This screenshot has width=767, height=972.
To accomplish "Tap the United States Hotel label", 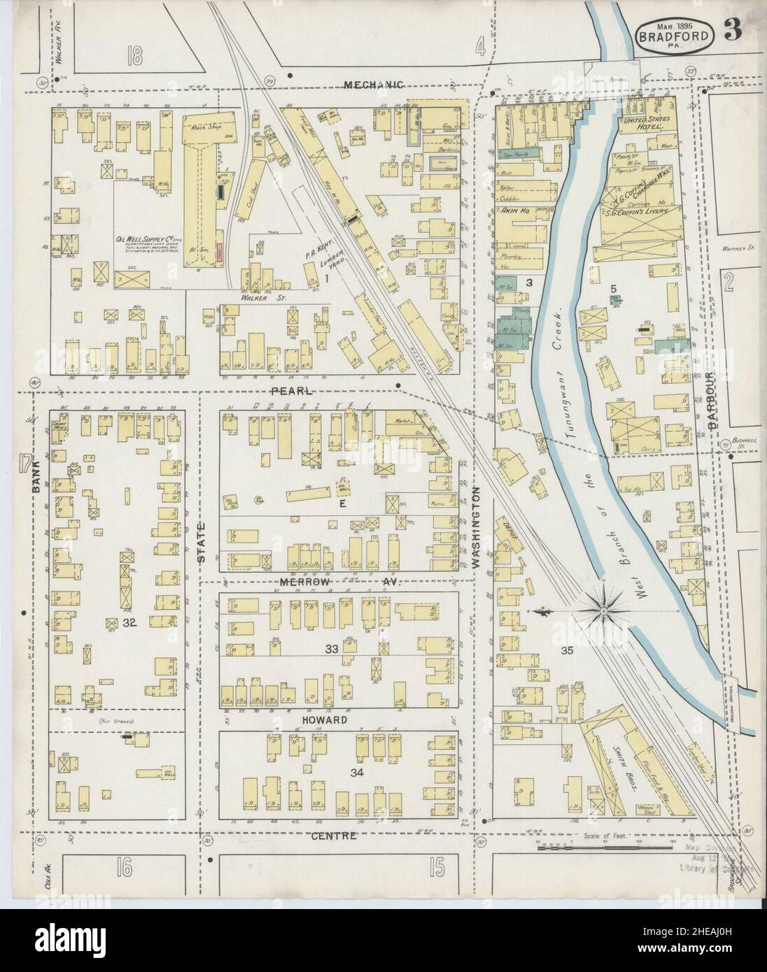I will click(x=643, y=124).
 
